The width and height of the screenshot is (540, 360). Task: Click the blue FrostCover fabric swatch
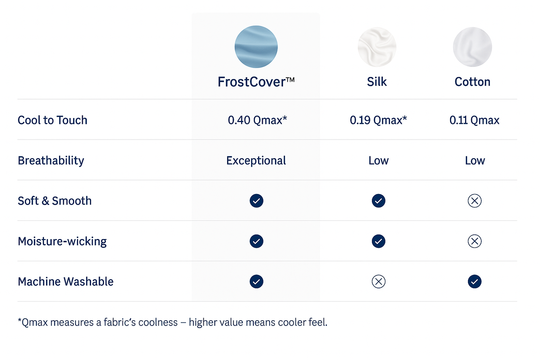pos(256,46)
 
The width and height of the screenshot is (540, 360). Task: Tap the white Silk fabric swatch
pos(377,47)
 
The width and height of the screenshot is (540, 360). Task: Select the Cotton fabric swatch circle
pos(472,47)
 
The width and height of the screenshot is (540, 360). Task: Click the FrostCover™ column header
pos(256,82)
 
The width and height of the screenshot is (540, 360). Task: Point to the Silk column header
pos(377,82)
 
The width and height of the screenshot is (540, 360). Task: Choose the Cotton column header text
pos(472,82)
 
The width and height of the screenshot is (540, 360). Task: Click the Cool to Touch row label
pos(52,120)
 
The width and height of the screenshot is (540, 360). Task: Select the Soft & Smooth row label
pos(55,201)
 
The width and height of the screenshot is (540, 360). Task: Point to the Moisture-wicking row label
pos(62,241)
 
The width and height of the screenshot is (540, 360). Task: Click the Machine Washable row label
pos(66,282)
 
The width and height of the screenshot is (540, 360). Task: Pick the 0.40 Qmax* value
pos(257,120)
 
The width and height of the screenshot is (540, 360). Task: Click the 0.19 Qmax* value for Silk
pos(378,120)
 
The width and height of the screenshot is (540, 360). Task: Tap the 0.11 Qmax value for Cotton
pos(474,120)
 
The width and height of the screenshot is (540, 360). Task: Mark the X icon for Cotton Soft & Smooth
pos(475,201)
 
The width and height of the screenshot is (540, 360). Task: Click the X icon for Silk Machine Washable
pos(378,282)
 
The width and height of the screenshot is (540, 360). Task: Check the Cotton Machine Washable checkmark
pos(475,282)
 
